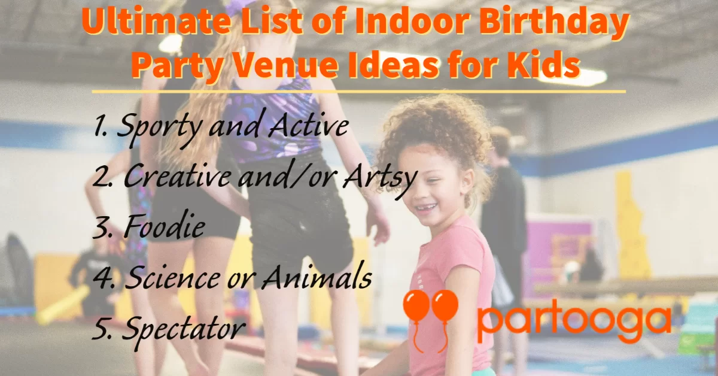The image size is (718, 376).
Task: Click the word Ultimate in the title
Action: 156,20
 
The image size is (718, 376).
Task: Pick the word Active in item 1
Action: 309,124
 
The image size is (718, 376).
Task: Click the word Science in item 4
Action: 172,277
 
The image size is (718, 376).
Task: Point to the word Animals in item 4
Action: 317,275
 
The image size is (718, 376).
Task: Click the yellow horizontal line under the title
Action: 359,92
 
